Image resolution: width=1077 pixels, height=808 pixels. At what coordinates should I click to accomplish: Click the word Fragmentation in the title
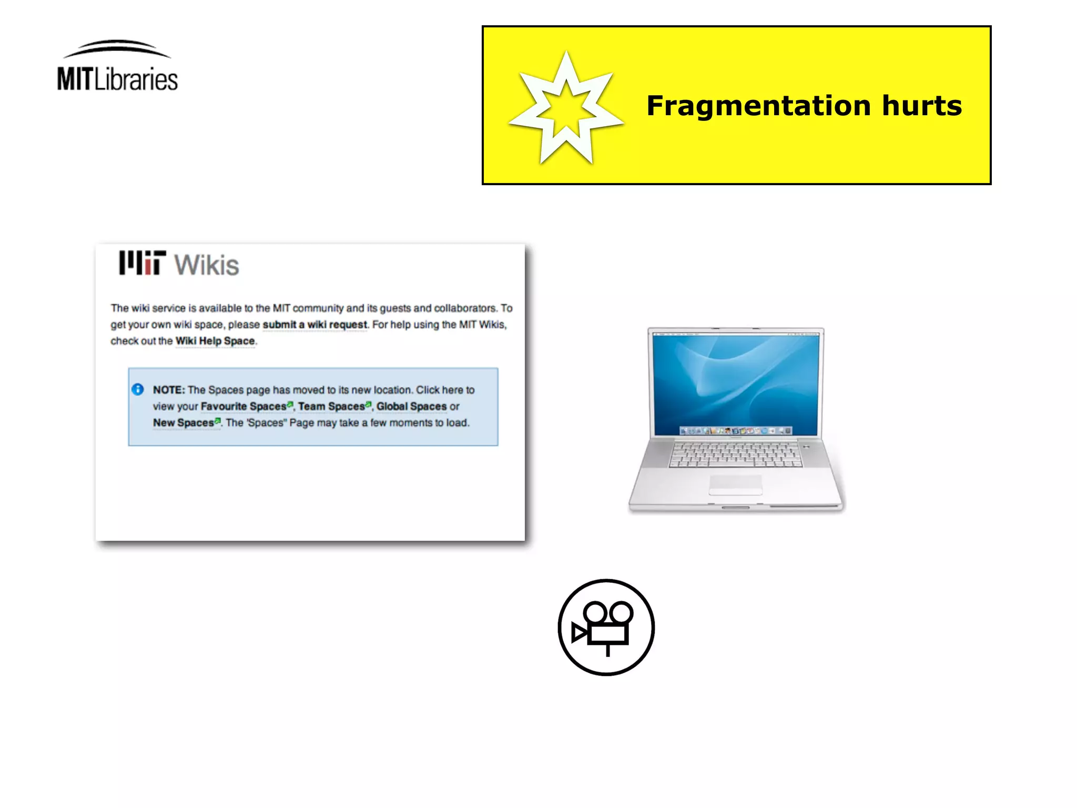click(x=758, y=106)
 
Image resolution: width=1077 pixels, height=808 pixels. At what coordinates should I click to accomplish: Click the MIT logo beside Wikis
click(x=142, y=263)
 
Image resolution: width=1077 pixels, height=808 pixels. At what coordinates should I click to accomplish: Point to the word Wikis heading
click(x=207, y=265)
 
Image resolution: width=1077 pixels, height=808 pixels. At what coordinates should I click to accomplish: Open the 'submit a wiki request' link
click(x=314, y=325)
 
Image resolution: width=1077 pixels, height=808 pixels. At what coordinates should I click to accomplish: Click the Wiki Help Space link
click(x=215, y=341)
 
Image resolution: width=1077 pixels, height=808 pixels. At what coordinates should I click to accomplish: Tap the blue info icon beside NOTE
click(x=138, y=390)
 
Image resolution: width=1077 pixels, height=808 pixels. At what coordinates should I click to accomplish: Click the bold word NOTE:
click(x=169, y=390)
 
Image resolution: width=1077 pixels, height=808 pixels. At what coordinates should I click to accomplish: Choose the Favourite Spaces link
click(x=243, y=406)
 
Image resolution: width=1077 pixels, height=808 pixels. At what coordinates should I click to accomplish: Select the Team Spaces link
click(x=331, y=406)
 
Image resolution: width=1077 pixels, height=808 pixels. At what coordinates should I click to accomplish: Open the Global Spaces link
click(x=411, y=406)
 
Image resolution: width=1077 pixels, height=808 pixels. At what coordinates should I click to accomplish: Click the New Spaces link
click(x=184, y=422)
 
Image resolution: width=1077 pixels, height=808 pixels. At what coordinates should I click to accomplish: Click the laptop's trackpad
click(x=735, y=484)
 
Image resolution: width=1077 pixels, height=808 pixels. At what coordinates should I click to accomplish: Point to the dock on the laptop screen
click(x=735, y=431)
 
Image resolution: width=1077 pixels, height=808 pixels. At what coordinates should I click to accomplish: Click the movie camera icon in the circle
click(x=606, y=628)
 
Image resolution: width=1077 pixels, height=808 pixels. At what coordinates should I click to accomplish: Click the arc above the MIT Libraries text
click(x=117, y=47)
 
